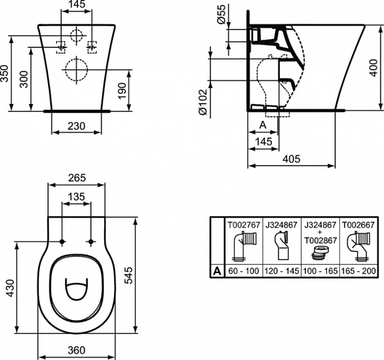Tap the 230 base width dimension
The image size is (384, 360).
pyautogui.click(x=76, y=127)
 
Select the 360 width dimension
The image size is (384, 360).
pyautogui.click(x=76, y=350)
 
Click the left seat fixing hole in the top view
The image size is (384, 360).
pyautogui.click(x=61, y=242)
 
